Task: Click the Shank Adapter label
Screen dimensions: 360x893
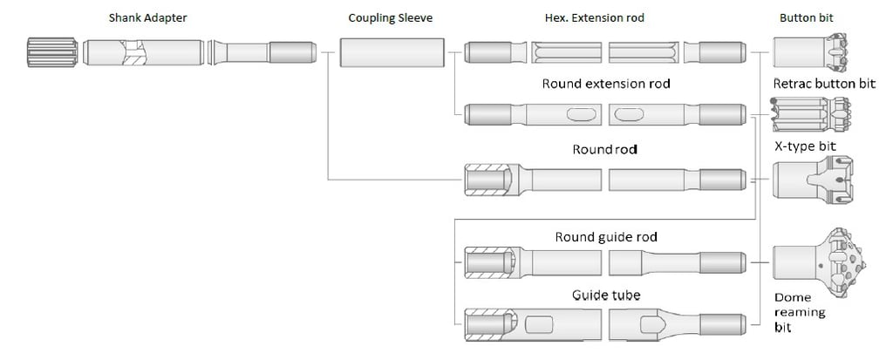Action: pos(148,17)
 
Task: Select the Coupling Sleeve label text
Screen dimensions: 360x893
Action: pos(391,17)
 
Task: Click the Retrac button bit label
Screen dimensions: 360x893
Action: pos(824,84)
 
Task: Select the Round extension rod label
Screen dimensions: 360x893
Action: pos(605,85)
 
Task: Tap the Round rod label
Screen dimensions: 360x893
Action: pos(604,149)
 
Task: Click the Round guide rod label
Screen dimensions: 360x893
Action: pos(606,237)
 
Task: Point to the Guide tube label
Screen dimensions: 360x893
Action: pos(606,295)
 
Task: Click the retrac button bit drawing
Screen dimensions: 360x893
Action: pos(811,114)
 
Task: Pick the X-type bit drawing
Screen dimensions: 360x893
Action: pos(811,181)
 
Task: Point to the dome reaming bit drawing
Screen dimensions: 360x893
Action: pos(815,259)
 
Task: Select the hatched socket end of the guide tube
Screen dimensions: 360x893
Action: pos(488,324)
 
